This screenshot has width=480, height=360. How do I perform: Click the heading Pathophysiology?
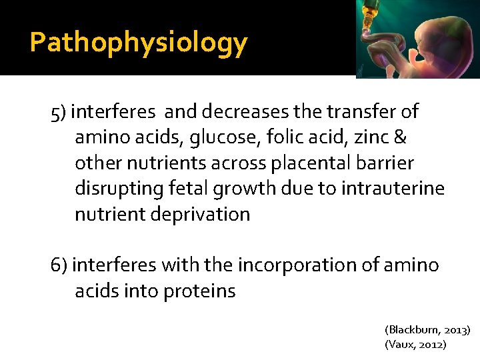point(139,43)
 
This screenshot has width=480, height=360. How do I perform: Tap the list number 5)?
point(59,112)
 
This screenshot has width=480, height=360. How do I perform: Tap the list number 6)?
point(59,265)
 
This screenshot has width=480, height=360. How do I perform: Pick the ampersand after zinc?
point(401,137)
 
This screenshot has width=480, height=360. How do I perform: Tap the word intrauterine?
point(393,189)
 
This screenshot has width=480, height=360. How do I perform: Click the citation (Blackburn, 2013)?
point(427,330)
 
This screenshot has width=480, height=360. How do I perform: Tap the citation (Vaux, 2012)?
point(415,345)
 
